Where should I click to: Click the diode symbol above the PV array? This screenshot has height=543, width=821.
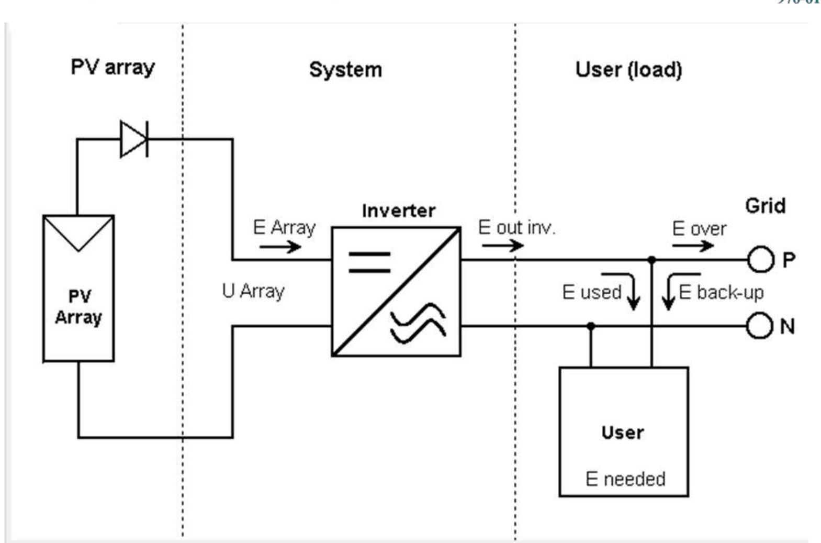[x=134, y=139]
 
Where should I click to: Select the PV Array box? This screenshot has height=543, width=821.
[x=78, y=288]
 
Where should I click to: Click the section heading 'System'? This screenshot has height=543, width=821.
[x=345, y=70]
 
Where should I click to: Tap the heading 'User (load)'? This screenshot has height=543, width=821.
[x=628, y=70]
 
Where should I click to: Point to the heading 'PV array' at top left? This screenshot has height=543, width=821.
[x=113, y=67]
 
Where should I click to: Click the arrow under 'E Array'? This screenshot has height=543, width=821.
[x=280, y=246]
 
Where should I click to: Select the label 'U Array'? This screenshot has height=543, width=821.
[x=253, y=291]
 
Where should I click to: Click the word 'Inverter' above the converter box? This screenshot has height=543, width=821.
[x=398, y=210]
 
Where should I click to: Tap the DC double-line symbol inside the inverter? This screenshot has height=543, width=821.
[x=369, y=262]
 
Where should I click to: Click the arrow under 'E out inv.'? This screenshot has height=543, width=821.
[x=502, y=245]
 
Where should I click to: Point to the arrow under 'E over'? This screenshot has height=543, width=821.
[x=693, y=245]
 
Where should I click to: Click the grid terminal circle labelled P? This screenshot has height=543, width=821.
[x=760, y=259]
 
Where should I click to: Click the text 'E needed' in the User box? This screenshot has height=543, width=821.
[x=625, y=479]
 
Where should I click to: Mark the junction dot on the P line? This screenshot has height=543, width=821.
[x=651, y=259]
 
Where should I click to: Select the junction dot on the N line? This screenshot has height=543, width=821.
[x=591, y=326]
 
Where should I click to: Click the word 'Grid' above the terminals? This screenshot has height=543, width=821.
[x=765, y=206]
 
